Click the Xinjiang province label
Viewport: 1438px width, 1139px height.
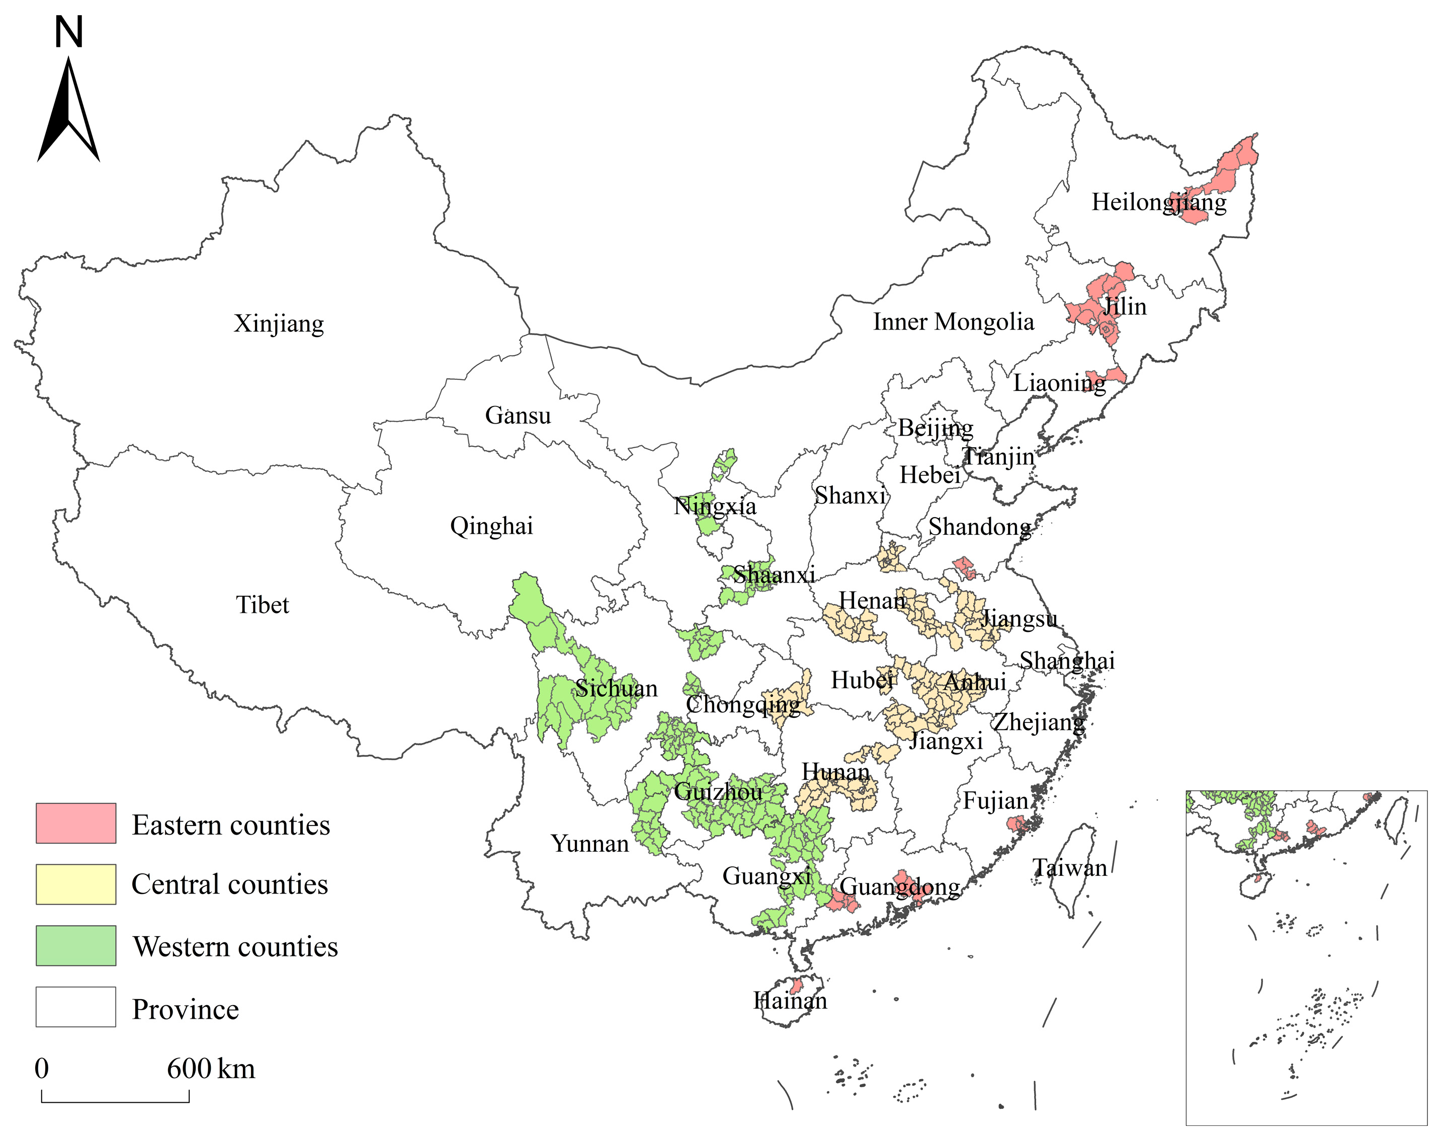(x=279, y=323)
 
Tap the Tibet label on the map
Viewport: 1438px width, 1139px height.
(x=263, y=605)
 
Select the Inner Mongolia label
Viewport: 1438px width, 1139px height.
(x=953, y=322)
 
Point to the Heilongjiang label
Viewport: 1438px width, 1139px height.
(x=1159, y=202)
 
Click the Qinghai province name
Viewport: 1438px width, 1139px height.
(x=491, y=526)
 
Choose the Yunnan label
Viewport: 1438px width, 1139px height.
(x=589, y=844)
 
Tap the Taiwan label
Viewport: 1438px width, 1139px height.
(x=1069, y=868)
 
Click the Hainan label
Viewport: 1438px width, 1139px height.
(x=790, y=1000)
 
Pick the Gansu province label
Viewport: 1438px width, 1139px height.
(x=518, y=416)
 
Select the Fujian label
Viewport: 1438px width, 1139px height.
(x=995, y=801)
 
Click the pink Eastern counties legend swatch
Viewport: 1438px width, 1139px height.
(x=76, y=823)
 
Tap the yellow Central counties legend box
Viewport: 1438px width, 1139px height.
(x=76, y=884)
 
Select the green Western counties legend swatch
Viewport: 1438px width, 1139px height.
(x=76, y=946)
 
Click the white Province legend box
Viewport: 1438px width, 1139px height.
(x=76, y=1007)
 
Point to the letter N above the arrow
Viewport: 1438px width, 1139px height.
(x=69, y=32)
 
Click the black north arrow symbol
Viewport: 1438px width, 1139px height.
(x=69, y=113)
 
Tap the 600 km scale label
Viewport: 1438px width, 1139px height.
(x=211, y=1069)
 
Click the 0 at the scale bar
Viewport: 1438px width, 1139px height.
(x=41, y=1069)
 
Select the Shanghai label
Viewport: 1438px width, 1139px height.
(x=1067, y=661)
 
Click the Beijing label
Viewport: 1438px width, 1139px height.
(x=936, y=428)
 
